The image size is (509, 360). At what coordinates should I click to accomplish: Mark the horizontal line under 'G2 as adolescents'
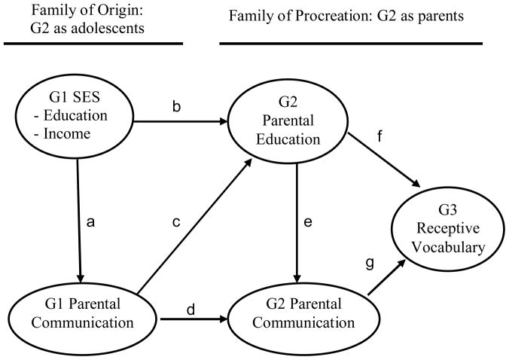(93, 44)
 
